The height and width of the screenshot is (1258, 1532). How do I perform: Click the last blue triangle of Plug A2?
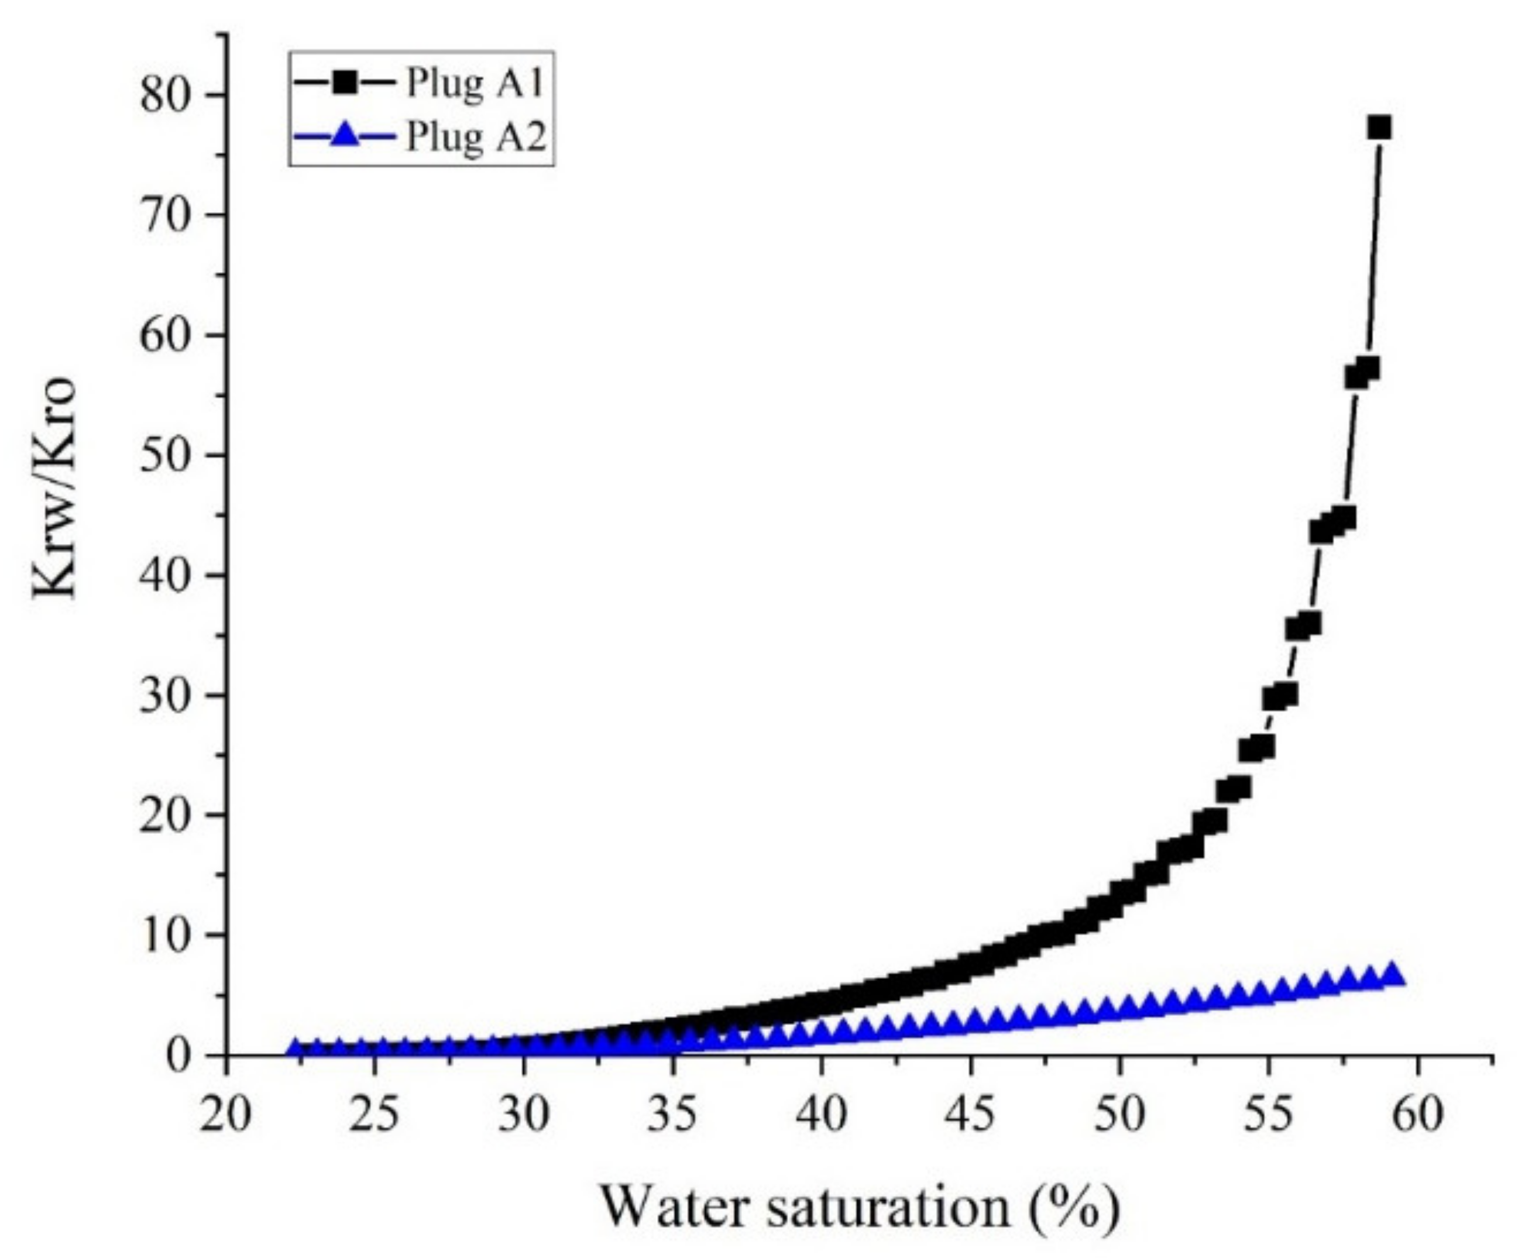pyautogui.click(x=1392, y=975)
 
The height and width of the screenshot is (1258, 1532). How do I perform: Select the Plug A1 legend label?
pyautogui.click(x=475, y=83)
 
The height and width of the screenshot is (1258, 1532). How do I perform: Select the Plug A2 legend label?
pyautogui.click(x=475, y=136)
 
